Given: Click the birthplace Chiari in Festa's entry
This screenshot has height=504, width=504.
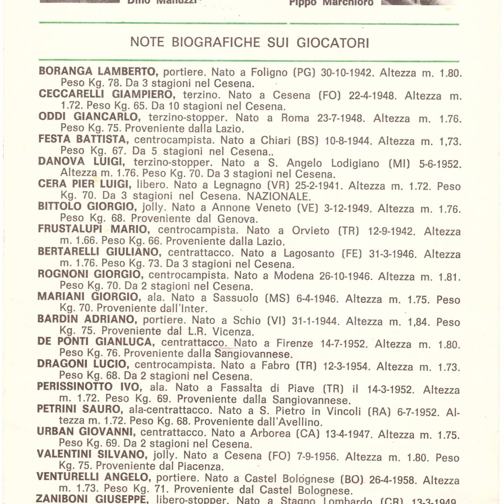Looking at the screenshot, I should [x=276, y=141].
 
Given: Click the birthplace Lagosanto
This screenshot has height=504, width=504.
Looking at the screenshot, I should [x=309, y=253].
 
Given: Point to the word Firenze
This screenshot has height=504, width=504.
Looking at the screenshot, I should [x=294, y=344].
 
